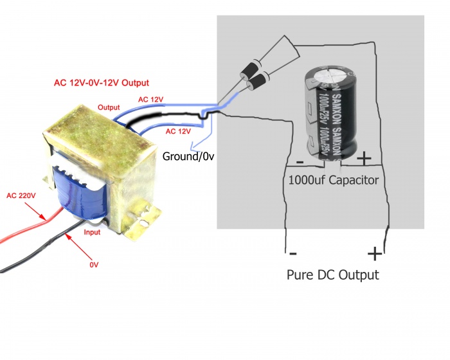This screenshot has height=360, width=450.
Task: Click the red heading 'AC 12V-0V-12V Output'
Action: coord(101,83)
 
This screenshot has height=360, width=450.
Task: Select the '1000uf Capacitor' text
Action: coord(334,179)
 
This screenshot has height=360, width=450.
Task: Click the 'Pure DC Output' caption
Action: coord(332,274)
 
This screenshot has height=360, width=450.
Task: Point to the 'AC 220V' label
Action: coord(21,195)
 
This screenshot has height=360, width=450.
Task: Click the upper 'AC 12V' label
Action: coord(151,100)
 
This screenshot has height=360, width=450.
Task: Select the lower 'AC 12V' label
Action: coord(179,130)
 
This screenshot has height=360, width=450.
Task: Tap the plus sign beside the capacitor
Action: coord(363,157)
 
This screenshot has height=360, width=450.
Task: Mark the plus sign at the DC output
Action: coord(373,253)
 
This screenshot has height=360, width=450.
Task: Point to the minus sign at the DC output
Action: coord(292,253)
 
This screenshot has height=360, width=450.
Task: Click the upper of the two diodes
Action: coord(250,69)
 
